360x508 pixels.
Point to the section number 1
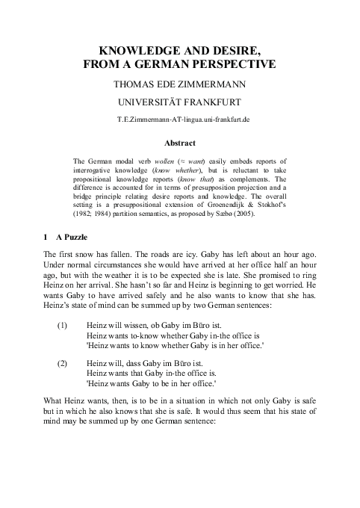click(x=46, y=238)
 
